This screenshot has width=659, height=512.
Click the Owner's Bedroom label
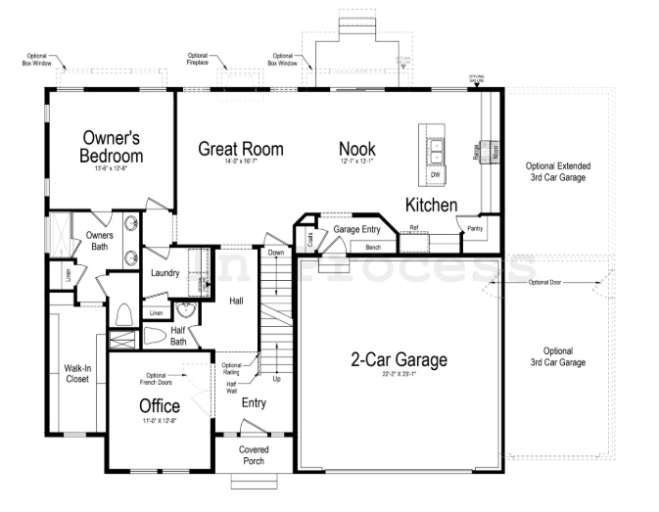112,147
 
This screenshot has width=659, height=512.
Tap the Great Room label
241,149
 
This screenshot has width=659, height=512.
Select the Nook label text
357,149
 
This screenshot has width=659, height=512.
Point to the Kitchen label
432,205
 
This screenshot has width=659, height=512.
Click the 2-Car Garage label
399,359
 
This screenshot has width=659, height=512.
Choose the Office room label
159,405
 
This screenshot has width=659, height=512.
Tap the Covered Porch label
254,455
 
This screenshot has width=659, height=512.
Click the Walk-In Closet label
78,374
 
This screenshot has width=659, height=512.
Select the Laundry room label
165,273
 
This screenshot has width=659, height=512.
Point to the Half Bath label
178,336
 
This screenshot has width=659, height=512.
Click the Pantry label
475,228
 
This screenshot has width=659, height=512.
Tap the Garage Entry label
356,229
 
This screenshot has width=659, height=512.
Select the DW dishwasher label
435,175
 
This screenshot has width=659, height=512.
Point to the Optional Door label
546,283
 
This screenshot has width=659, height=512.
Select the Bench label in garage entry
372,248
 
